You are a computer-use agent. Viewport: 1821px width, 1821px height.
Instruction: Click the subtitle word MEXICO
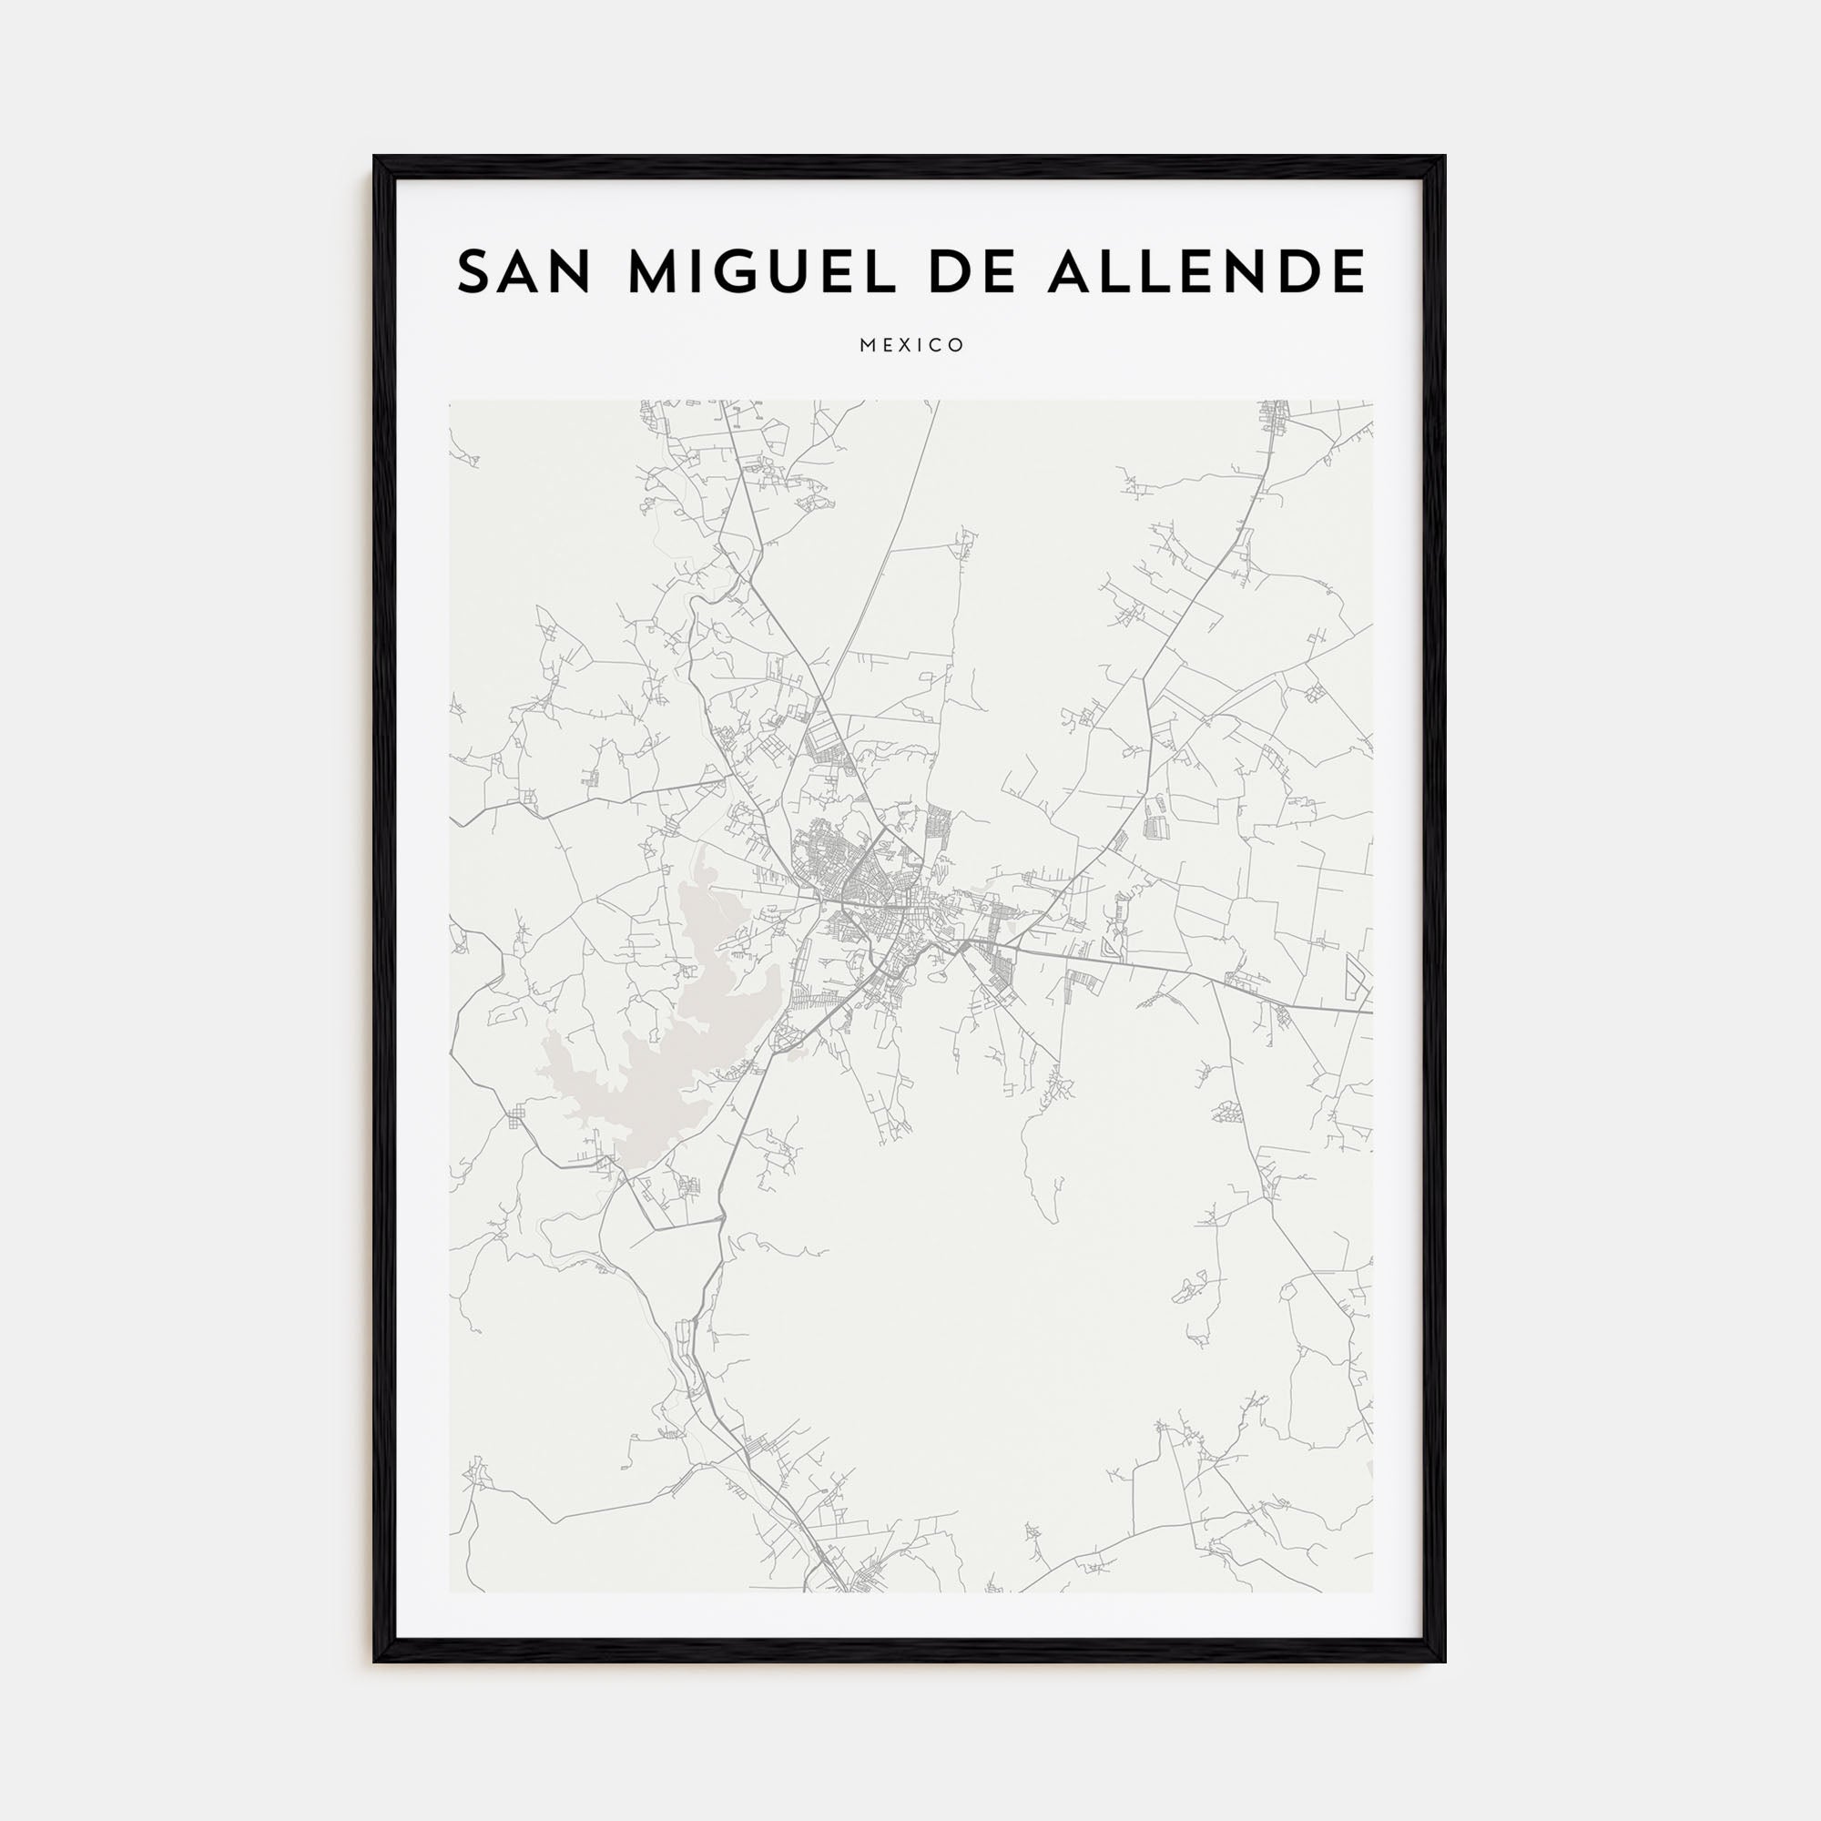(x=911, y=346)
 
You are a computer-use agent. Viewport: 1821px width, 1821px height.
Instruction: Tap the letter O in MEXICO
(x=958, y=346)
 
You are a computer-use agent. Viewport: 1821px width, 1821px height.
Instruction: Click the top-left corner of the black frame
(x=375, y=158)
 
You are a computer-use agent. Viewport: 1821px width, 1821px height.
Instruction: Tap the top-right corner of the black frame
(x=1444, y=158)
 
